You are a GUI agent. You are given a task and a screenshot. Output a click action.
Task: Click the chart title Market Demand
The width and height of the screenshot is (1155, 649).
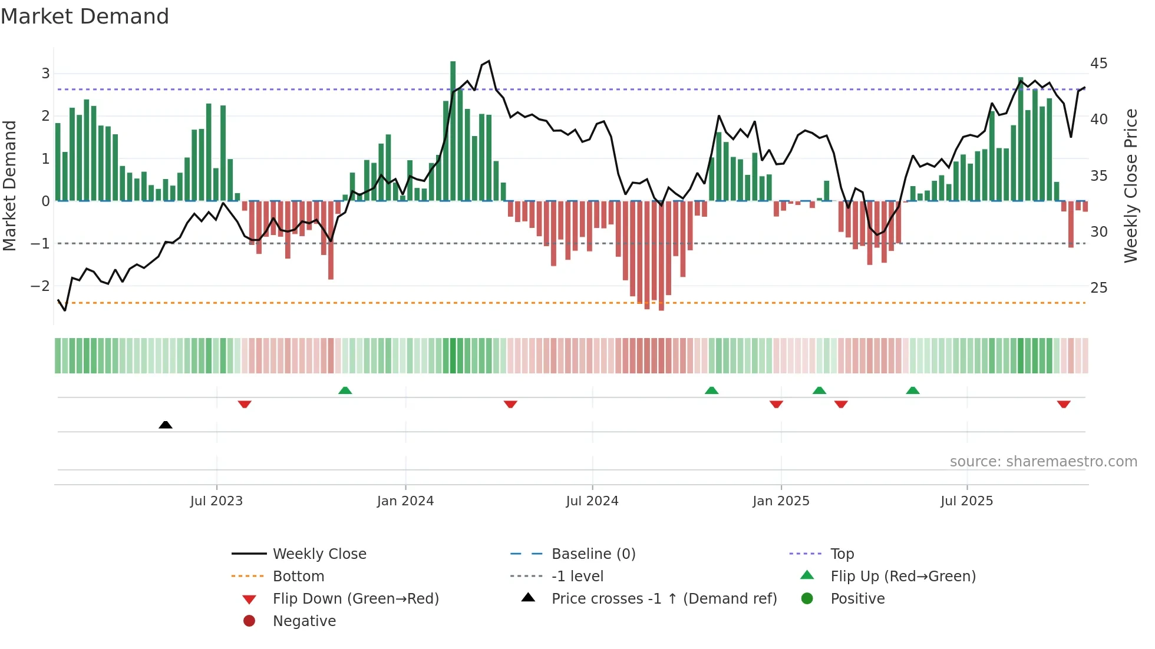point(85,16)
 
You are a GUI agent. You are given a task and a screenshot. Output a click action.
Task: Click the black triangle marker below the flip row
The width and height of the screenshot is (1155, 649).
point(166,425)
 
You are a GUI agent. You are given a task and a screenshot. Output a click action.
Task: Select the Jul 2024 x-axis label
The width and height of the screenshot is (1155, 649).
point(592,501)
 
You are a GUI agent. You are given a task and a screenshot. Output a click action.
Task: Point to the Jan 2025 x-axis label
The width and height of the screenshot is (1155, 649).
point(781,501)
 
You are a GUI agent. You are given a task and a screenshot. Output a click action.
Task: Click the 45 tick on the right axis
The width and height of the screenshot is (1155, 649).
point(1098,64)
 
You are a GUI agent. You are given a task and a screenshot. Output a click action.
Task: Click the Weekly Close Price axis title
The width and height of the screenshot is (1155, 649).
point(1130,186)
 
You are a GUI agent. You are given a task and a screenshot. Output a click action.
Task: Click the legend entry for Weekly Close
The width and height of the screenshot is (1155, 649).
point(319,554)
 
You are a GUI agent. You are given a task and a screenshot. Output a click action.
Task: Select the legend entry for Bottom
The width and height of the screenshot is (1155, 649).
point(298,577)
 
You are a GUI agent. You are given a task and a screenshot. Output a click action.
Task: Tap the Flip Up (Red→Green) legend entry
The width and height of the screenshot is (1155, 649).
point(903,577)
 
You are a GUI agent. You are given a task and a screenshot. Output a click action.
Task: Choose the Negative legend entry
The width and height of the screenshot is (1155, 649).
point(304,621)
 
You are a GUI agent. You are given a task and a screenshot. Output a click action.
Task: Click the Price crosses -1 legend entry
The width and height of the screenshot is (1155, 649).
point(664,599)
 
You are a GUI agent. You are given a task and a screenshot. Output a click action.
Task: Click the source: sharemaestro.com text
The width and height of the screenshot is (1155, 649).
point(1043,462)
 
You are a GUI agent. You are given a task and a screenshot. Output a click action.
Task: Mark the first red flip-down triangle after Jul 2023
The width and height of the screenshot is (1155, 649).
point(245,404)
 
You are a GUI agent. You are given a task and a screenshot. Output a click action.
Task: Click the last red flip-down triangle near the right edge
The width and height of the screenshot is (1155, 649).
point(1063,404)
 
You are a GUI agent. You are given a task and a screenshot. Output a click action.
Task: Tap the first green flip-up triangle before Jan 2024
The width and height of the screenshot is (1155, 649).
point(345,390)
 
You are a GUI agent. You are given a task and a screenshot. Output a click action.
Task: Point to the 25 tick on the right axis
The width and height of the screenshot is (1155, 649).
point(1098,288)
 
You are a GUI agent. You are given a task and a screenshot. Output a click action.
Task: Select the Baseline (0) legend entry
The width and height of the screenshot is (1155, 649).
point(593,554)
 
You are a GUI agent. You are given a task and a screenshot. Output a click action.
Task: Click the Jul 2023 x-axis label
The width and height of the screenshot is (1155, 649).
point(216,501)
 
